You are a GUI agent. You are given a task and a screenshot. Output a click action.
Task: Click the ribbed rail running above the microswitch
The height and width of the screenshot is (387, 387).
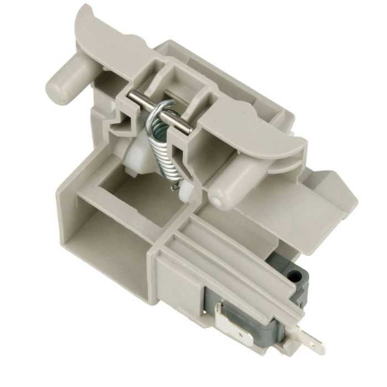[232, 254]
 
